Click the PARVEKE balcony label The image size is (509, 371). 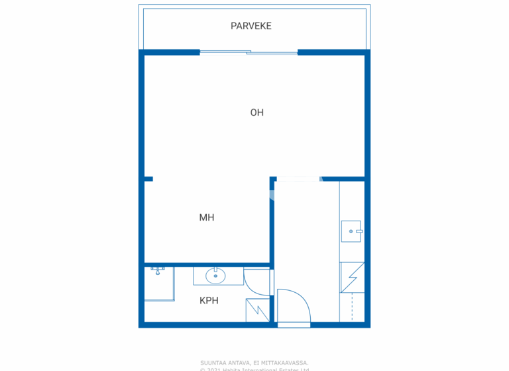tap(251, 26)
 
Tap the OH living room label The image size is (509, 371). tap(256, 113)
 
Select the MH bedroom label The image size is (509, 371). tap(207, 217)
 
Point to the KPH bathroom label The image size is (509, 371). tap(209, 301)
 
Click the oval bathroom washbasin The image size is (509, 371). tap(215, 276)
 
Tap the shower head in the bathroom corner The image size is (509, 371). tap(158, 270)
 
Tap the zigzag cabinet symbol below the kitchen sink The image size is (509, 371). tap(351, 278)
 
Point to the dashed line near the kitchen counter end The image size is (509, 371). tap(352, 307)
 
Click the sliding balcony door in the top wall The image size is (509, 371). tap(249, 52)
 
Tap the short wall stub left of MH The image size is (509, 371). tap(148, 179)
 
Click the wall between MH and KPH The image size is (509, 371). tap(207, 264)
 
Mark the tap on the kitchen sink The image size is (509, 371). tap(358, 231)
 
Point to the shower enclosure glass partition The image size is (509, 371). tap(174, 284)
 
